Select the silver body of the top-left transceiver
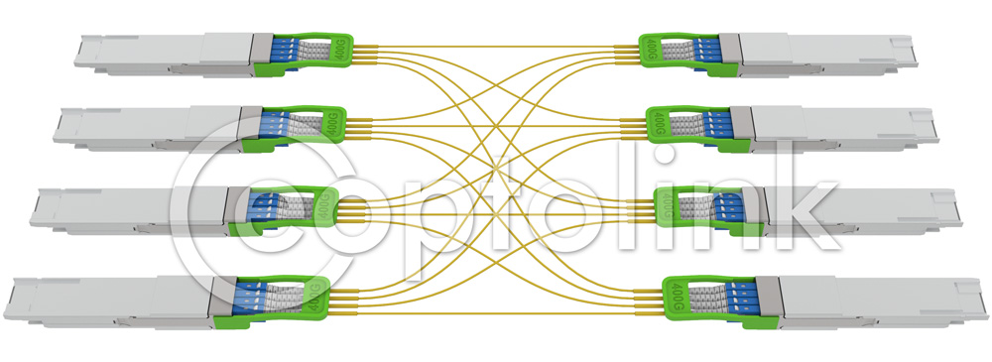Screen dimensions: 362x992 [x=159, y=53]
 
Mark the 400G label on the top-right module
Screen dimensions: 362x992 [x=651, y=46]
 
